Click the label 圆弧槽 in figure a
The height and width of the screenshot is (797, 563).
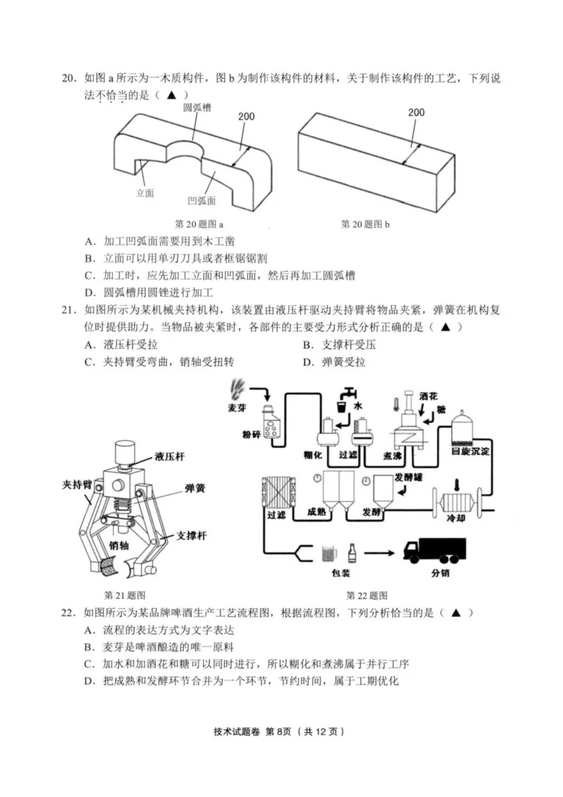click(x=198, y=107)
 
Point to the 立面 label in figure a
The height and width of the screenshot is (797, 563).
click(x=145, y=192)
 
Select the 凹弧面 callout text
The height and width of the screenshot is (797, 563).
click(x=202, y=201)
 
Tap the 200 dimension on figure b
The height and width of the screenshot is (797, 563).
click(x=416, y=112)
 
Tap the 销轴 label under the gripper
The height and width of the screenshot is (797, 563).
click(x=120, y=545)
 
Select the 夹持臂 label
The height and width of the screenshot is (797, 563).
click(x=77, y=485)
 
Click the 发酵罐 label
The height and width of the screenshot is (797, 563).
click(x=409, y=477)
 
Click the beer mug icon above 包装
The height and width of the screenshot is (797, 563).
click(x=328, y=553)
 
